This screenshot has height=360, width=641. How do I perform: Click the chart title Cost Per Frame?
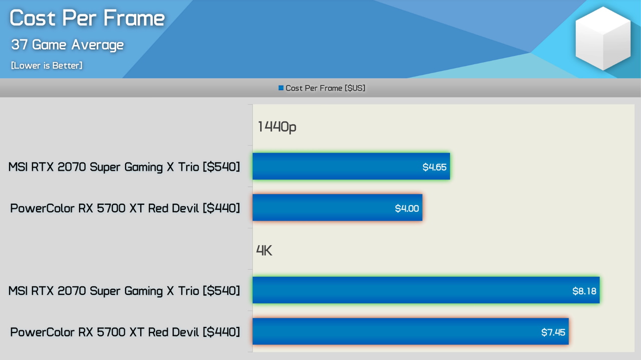[87, 18]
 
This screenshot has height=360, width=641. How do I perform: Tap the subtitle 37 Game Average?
[68, 45]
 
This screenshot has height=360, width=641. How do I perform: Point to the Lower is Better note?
[47, 66]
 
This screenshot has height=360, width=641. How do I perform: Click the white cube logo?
[603, 39]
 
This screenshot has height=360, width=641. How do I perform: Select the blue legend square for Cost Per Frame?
[281, 88]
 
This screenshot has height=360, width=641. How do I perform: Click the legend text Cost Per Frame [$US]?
[326, 88]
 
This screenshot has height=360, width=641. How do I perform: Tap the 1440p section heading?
[277, 127]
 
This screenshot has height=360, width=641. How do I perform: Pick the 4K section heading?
[264, 250]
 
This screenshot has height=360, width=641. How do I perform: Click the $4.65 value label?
[434, 167]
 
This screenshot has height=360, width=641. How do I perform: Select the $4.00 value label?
[407, 208]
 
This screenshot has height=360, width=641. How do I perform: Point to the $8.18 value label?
[584, 291]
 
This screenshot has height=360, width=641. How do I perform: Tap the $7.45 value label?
[553, 332]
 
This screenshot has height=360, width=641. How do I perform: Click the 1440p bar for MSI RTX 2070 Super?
[351, 166]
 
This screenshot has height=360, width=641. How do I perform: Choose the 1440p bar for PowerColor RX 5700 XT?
[338, 207]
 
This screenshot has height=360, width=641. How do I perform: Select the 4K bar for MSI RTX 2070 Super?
[426, 290]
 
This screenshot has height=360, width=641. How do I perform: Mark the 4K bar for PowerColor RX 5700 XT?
[411, 331]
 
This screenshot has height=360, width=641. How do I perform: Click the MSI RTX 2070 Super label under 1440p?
[124, 167]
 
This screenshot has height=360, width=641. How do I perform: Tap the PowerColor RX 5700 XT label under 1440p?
[125, 208]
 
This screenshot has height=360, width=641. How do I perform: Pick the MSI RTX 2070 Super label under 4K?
[124, 291]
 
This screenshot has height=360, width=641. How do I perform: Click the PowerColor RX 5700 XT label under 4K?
[125, 332]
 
